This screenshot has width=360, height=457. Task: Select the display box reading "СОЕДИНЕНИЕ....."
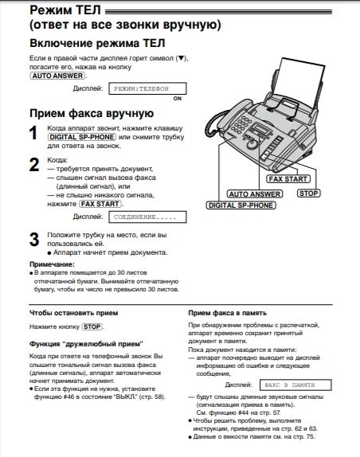pos(140,216)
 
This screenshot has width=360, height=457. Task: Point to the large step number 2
pos(33,165)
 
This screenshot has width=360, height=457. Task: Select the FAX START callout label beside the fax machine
pos(288,180)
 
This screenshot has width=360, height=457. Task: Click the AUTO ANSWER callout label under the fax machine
pos(252,193)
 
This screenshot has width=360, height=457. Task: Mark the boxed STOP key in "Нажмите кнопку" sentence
pos(93,326)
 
